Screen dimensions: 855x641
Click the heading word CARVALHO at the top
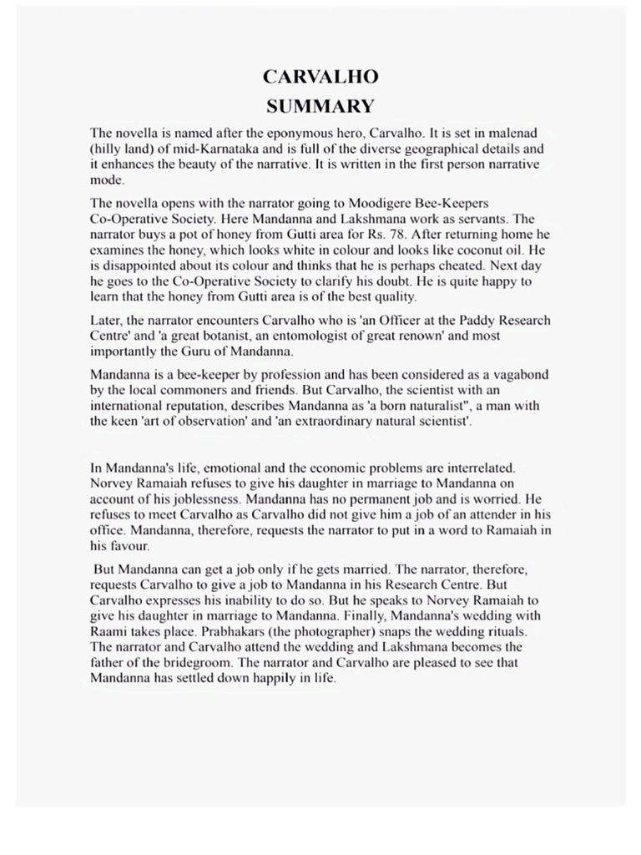tap(320, 77)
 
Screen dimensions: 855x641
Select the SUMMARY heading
tap(320, 106)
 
